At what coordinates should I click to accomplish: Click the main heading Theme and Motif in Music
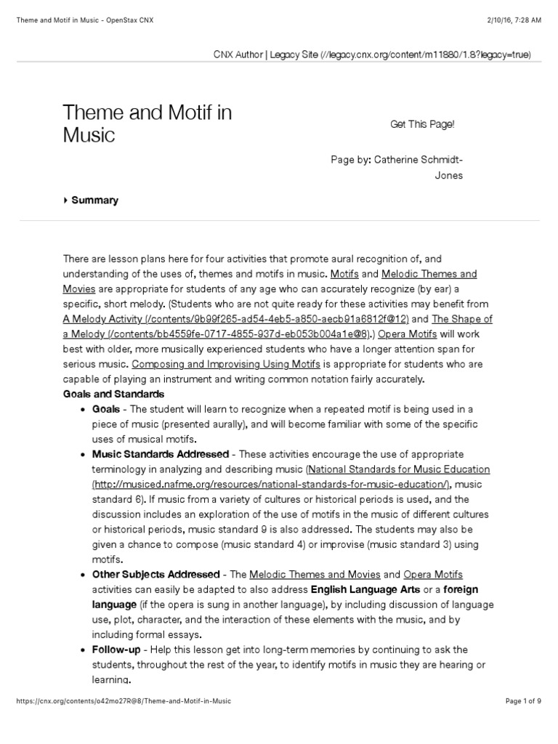pyautogui.click(x=147, y=124)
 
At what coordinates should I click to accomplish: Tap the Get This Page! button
pyautogui.click(x=422, y=124)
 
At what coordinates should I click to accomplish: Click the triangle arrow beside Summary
pyautogui.click(x=65, y=201)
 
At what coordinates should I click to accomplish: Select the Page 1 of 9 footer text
pyautogui.click(x=523, y=701)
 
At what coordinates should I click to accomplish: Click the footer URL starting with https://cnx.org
pyautogui.click(x=124, y=701)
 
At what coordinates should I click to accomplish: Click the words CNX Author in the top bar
pyautogui.click(x=238, y=54)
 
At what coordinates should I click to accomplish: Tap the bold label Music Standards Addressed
pyautogui.click(x=161, y=454)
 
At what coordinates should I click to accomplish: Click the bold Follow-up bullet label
pyautogui.click(x=116, y=650)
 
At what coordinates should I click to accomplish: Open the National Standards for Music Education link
pyautogui.click(x=399, y=469)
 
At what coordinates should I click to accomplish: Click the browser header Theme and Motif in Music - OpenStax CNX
pyautogui.click(x=85, y=20)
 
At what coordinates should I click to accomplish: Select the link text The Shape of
pyautogui.click(x=462, y=318)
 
